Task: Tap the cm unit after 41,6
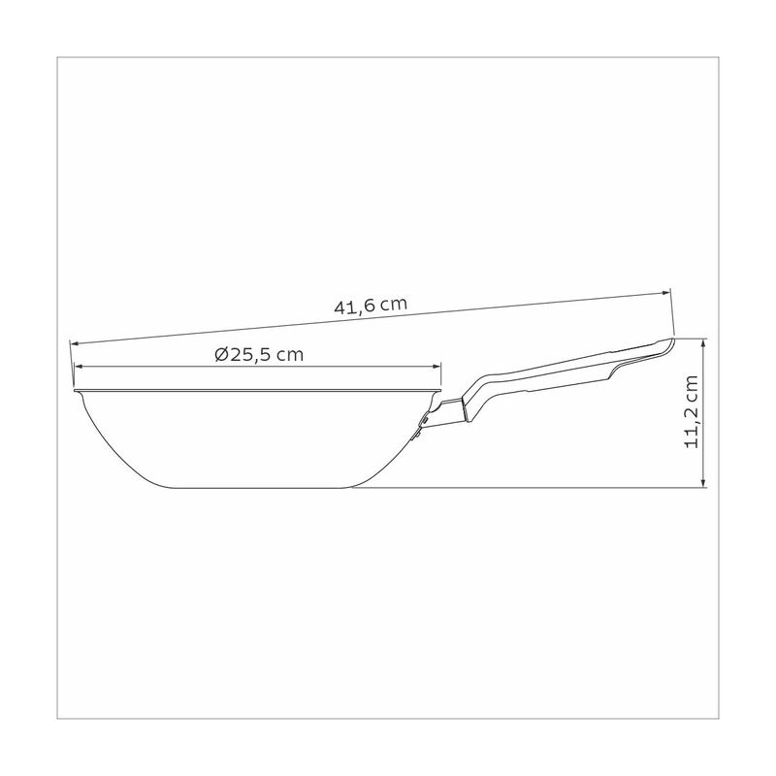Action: [x=393, y=304]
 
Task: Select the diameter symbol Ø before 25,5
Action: [x=222, y=355]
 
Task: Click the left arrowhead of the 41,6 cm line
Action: [x=75, y=342]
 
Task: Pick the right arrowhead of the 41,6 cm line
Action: [x=666, y=293]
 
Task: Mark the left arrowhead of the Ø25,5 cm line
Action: [x=78, y=367]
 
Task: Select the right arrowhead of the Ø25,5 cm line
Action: [x=437, y=367]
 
